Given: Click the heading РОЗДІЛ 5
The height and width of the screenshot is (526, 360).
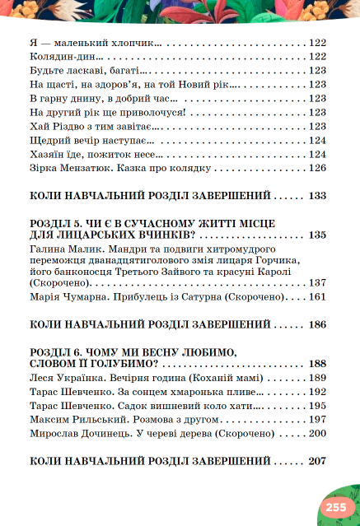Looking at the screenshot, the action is coord(58,223).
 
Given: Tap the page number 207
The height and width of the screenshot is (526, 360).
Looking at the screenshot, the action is coord(319,461).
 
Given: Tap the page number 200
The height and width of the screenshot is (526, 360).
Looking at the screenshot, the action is coord(319,434).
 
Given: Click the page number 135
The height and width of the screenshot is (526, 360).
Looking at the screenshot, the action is coord(319,235).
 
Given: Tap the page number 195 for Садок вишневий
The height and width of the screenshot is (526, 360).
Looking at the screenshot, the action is coord(319,406).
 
